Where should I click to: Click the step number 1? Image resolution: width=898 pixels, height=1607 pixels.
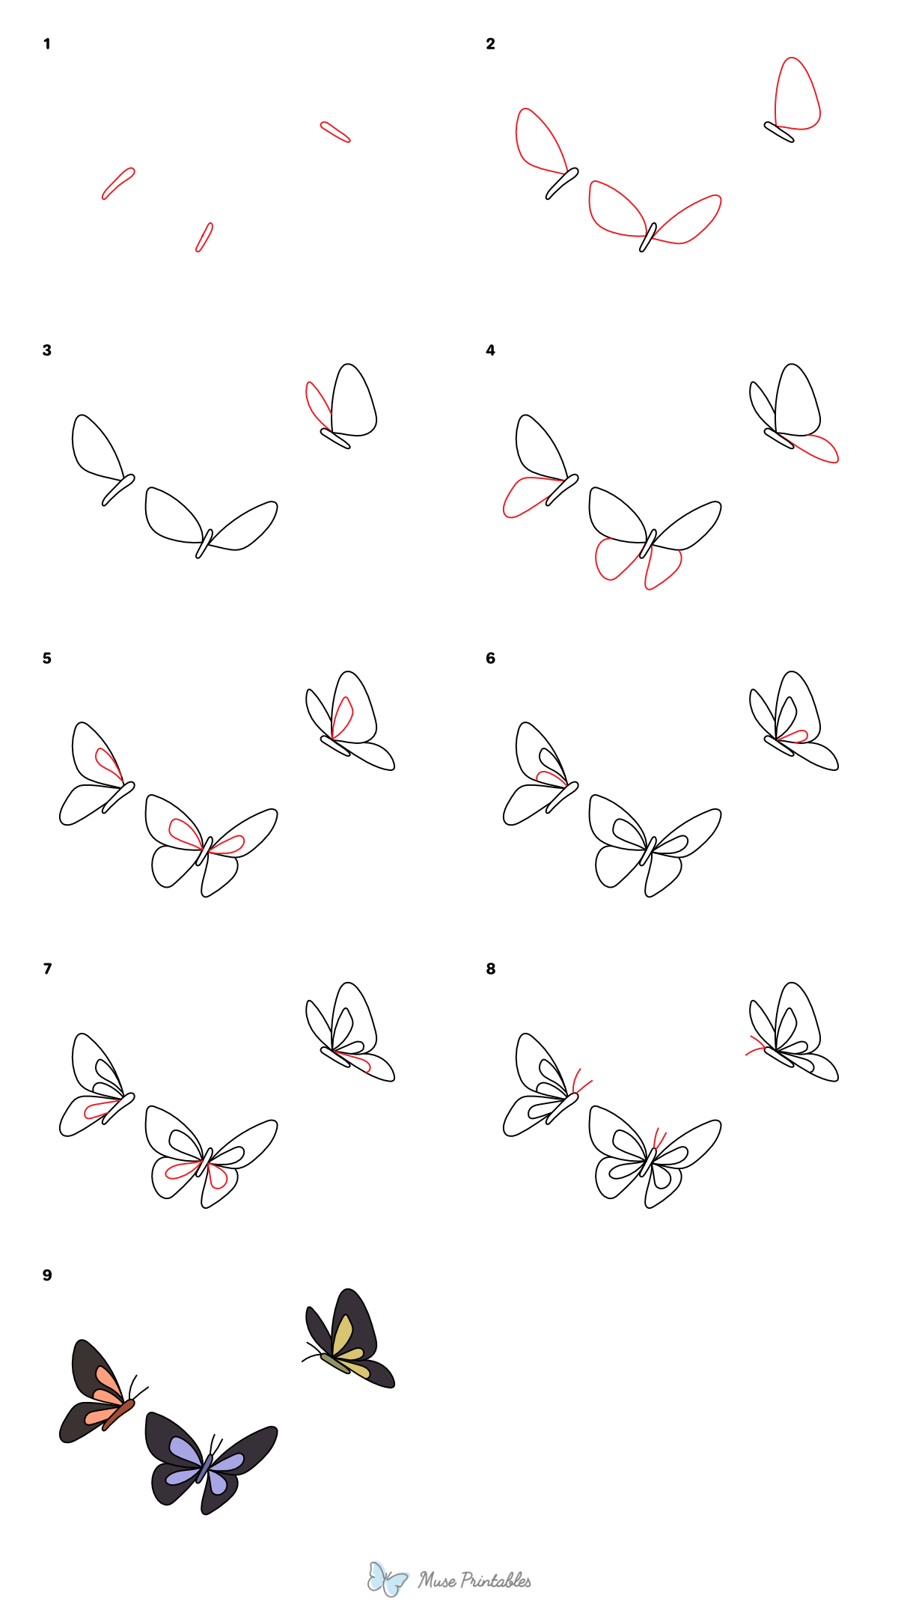(x=46, y=44)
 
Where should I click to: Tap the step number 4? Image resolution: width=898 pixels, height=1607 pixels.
(x=490, y=350)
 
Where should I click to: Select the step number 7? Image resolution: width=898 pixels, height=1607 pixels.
(x=47, y=969)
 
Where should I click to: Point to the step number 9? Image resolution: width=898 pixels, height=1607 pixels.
(x=47, y=1275)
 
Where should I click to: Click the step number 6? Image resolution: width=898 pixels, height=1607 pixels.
(x=490, y=658)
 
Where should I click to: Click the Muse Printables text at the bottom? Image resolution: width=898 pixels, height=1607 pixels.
(x=474, y=1580)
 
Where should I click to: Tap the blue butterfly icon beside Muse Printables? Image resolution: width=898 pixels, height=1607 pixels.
(x=387, y=1578)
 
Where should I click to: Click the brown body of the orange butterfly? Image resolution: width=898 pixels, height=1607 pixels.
(x=119, y=1414)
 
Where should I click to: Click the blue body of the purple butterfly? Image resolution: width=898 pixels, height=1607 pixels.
(x=204, y=1468)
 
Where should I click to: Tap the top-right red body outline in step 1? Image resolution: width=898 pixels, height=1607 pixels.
(x=335, y=132)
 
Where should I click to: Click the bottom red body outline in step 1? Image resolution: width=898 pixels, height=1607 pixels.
(x=204, y=237)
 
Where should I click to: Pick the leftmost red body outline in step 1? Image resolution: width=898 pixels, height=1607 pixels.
(x=118, y=183)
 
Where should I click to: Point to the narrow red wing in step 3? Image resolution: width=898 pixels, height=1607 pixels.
(x=317, y=404)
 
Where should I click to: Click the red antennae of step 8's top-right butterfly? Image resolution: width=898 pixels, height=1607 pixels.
(x=756, y=1046)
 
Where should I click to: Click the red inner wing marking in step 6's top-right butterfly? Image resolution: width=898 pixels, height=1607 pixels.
(x=793, y=737)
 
